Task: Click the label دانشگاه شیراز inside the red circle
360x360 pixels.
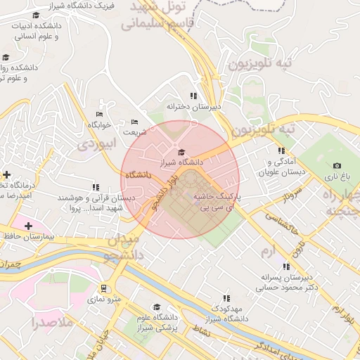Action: (x=181, y=162)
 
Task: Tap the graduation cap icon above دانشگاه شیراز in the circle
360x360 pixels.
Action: (x=181, y=152)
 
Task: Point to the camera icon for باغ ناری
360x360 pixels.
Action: (x=336, y=165)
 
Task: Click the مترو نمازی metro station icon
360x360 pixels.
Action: (x=104, y=288)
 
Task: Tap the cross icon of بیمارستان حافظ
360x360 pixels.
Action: (x=28, y=226)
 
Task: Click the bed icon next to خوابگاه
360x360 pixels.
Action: (x=99, y=114)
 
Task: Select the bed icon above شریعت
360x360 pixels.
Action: (x=135, y=122)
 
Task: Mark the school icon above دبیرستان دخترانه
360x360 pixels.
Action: (x=193, y=96)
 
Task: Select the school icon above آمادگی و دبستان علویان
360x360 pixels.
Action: (x=281, y=150)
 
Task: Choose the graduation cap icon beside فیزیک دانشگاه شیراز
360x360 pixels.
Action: (x=36, y=15)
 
